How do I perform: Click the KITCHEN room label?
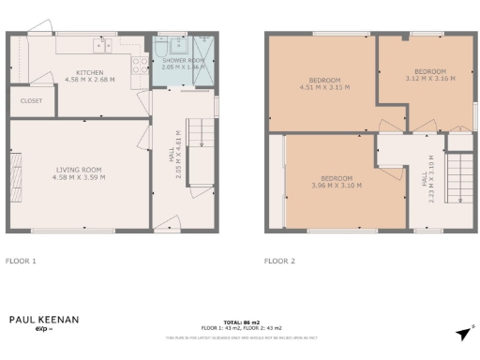click(x=91, y=72)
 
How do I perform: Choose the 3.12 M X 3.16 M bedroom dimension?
click(x=429, y=79)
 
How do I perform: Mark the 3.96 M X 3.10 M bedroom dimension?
click(x=337, y=185)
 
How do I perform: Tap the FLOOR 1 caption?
click(x=21, y=261)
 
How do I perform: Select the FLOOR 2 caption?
click(x=279, y=261)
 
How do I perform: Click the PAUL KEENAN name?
click(x=44, y=320)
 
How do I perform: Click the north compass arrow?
click(x=462, y=333)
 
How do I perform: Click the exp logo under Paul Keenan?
click(x=42, y=330)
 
